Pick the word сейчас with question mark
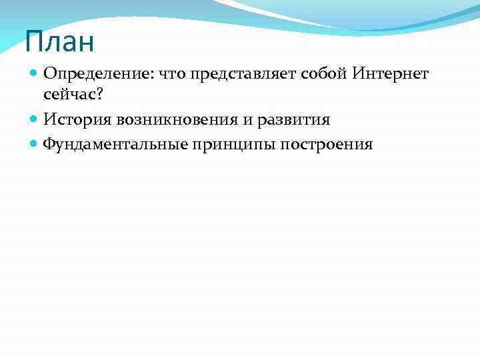pos(73,97)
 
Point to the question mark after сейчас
pos(99,96)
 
